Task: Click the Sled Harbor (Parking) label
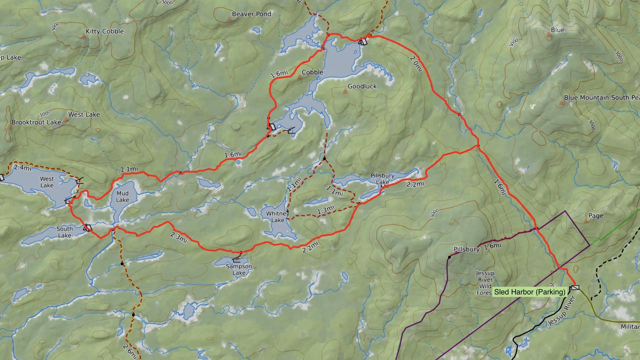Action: point(530,292)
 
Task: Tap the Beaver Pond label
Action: point(251,14)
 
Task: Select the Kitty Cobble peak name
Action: point(105,31)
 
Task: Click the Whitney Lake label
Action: point(278,217)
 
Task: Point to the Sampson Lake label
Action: point(239,269)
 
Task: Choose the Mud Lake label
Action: point(122,197)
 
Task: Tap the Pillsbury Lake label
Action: point(382,179)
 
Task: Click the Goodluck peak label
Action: point(362,86)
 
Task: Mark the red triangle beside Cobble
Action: point(299,78)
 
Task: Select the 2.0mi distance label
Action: point(416,63)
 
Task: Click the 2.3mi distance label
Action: point(179,237)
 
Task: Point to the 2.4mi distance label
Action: point(23,167)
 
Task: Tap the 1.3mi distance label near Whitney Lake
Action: point(326,210)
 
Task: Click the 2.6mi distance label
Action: point(130,351)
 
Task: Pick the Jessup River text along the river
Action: point(562,311)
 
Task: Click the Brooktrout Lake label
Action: point(36,122)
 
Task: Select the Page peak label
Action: point(596,216)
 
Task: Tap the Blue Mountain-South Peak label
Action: point(601,98)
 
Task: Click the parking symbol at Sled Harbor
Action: point(575,287)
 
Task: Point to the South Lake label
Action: point(64,232)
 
